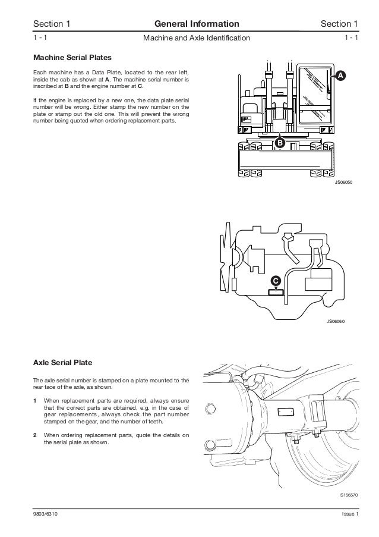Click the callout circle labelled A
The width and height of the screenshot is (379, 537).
coord(340,76)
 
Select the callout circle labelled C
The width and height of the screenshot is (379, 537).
coord(276,280)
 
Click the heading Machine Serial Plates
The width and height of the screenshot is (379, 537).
coord(72,58)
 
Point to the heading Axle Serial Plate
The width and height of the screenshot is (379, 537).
coord(62,362)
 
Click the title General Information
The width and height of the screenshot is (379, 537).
coord(197,24)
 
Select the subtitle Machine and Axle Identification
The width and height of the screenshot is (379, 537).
coord(197,39)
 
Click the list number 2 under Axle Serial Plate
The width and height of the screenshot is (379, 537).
coord(35,435)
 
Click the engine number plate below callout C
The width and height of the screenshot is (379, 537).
coord(276,291)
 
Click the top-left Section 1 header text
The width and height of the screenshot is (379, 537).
coord(52,24)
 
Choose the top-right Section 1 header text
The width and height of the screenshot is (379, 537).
coord(339,24)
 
